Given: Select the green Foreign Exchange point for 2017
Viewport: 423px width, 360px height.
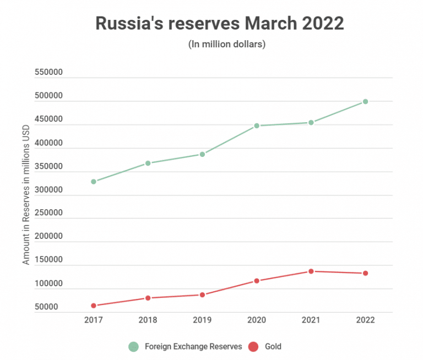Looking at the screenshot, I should [94, 182].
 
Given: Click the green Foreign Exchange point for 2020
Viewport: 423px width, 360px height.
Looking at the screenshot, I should [257, 126].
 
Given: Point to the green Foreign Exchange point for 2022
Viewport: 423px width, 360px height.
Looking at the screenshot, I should [365, 102].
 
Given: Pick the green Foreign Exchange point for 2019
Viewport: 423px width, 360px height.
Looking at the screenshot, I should [202, 154].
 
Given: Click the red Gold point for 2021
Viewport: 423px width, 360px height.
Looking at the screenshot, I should [311, 271].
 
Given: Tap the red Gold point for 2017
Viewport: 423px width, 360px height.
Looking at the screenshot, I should [94, 306].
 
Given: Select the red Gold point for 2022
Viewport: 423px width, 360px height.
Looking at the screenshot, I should [365, 274].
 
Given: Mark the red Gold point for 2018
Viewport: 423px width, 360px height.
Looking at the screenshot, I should [148, 298].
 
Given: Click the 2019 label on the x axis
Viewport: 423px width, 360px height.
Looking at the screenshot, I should [202, 320].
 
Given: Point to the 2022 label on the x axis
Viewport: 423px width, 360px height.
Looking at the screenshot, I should [365, 320].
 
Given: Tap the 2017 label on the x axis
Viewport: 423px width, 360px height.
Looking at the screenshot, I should [94, 320].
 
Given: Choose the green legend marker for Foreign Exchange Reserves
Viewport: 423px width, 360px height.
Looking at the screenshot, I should [133, 347].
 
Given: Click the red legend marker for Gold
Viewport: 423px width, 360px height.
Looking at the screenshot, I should [253, 347].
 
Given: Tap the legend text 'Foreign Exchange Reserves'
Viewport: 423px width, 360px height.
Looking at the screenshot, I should [193, 347].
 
